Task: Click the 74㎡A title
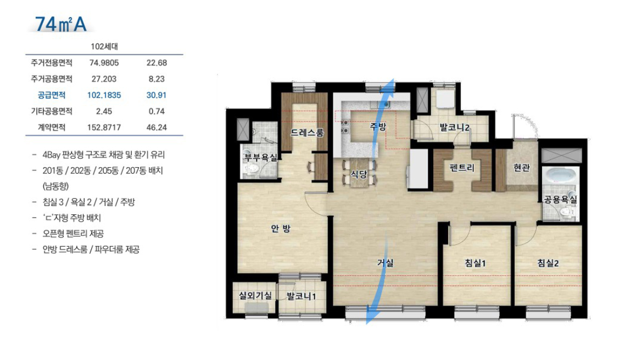point(60,24)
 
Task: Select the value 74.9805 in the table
point(104,63)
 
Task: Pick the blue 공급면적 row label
point(52,95)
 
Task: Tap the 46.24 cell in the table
point(157,128)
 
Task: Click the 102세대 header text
point(104,47)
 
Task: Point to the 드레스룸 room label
point(307,132)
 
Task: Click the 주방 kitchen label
point(378,126)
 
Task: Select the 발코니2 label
point(455,128)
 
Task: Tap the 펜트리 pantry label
point(462,167)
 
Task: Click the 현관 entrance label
point(522,167)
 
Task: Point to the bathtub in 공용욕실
point(561,175)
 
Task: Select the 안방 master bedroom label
point(281,229)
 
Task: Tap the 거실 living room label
point(386,263)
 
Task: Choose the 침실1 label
point(475,263)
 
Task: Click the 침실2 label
point(548,263)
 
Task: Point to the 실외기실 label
point(255,296)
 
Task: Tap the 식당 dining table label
point(359,175)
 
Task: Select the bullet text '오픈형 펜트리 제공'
point(73,234)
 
